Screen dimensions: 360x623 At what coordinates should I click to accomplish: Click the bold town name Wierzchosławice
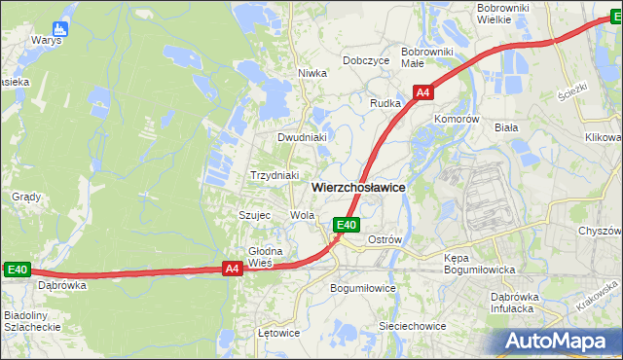[x=358, y=186]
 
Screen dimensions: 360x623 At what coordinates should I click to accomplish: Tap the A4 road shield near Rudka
[x=422, y=93]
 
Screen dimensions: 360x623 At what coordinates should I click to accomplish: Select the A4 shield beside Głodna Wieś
[x=232, y=269]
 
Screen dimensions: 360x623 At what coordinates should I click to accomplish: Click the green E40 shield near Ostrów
[x=347, y=226]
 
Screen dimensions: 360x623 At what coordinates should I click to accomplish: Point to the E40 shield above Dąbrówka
[x=18, y=270]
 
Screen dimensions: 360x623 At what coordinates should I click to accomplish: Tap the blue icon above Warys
[x=60, y=27]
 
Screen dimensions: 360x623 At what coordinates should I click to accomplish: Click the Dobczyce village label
[x=366, y=60]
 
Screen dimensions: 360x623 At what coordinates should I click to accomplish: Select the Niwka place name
[x=311, y=72]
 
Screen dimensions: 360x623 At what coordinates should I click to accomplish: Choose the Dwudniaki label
[x=301, y=137]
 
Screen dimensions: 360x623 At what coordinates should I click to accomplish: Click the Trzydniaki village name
[x=275, y=175]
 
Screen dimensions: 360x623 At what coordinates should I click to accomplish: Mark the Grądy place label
[x=26, y=197]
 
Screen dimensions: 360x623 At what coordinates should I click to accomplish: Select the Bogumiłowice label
[x=363, y=288]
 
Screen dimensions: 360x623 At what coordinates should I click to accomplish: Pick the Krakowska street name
[x=597, y=298]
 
